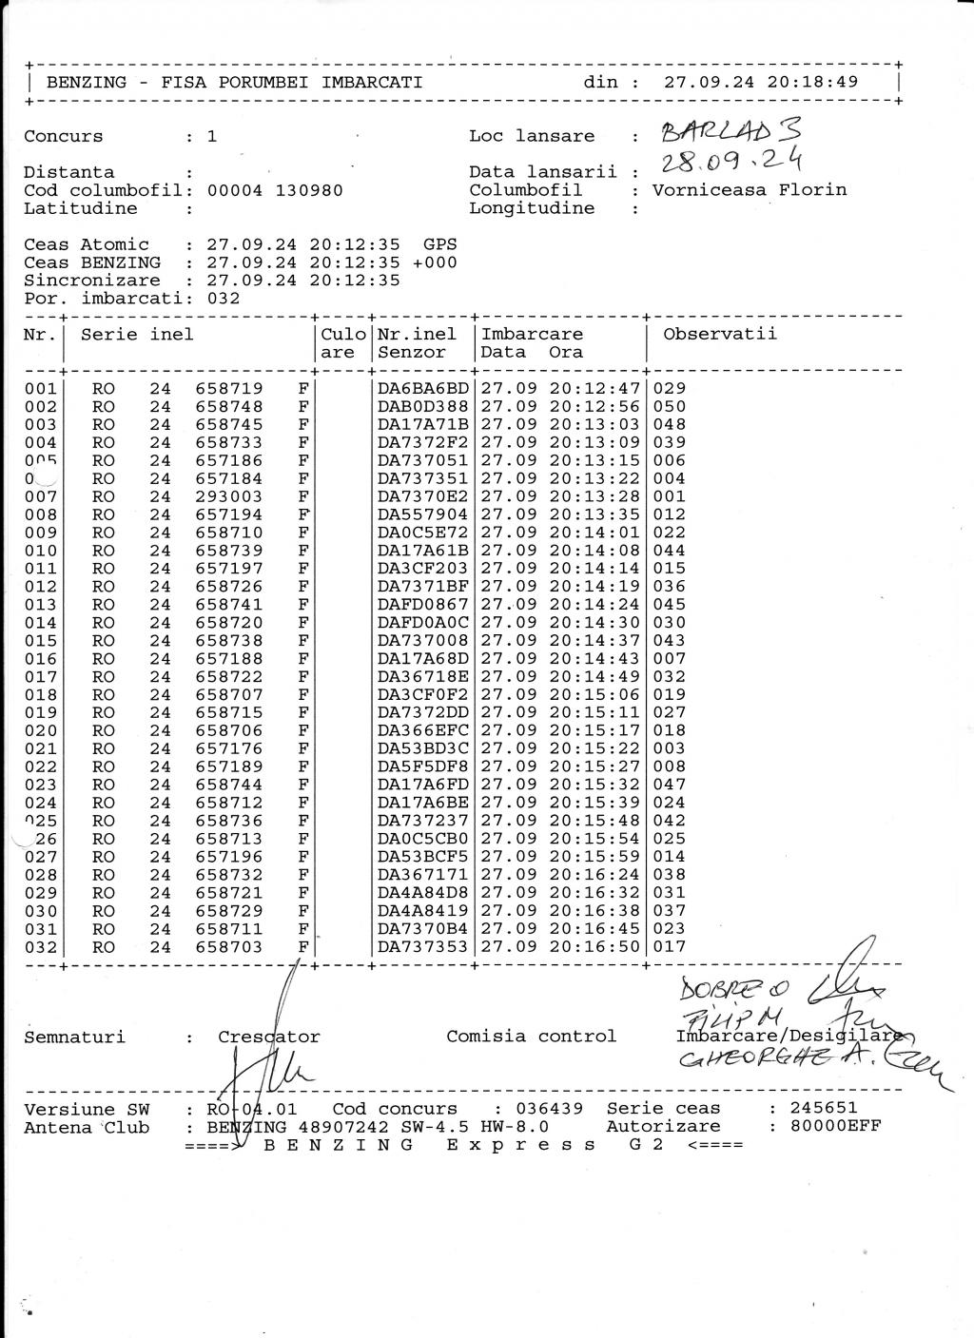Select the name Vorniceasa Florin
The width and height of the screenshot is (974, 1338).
tap(749, 190)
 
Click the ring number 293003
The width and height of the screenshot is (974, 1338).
tap(229, 496)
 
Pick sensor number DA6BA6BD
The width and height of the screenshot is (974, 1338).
tap(423, 388)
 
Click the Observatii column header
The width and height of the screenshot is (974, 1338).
tap(720, 334)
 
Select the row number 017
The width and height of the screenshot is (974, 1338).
tap(41, 677)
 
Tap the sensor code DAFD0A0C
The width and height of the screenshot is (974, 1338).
tap(423, 623)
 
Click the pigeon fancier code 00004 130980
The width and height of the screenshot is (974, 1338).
tap(275, 190)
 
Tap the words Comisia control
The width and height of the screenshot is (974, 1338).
tap(532, 1037)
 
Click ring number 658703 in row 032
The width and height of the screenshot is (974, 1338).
tap(229, 947)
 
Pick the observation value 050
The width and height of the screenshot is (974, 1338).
tap(670, 407)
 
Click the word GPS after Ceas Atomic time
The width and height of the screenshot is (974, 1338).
tap(439, 244)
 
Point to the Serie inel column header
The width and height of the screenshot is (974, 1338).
tap(137, 335)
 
